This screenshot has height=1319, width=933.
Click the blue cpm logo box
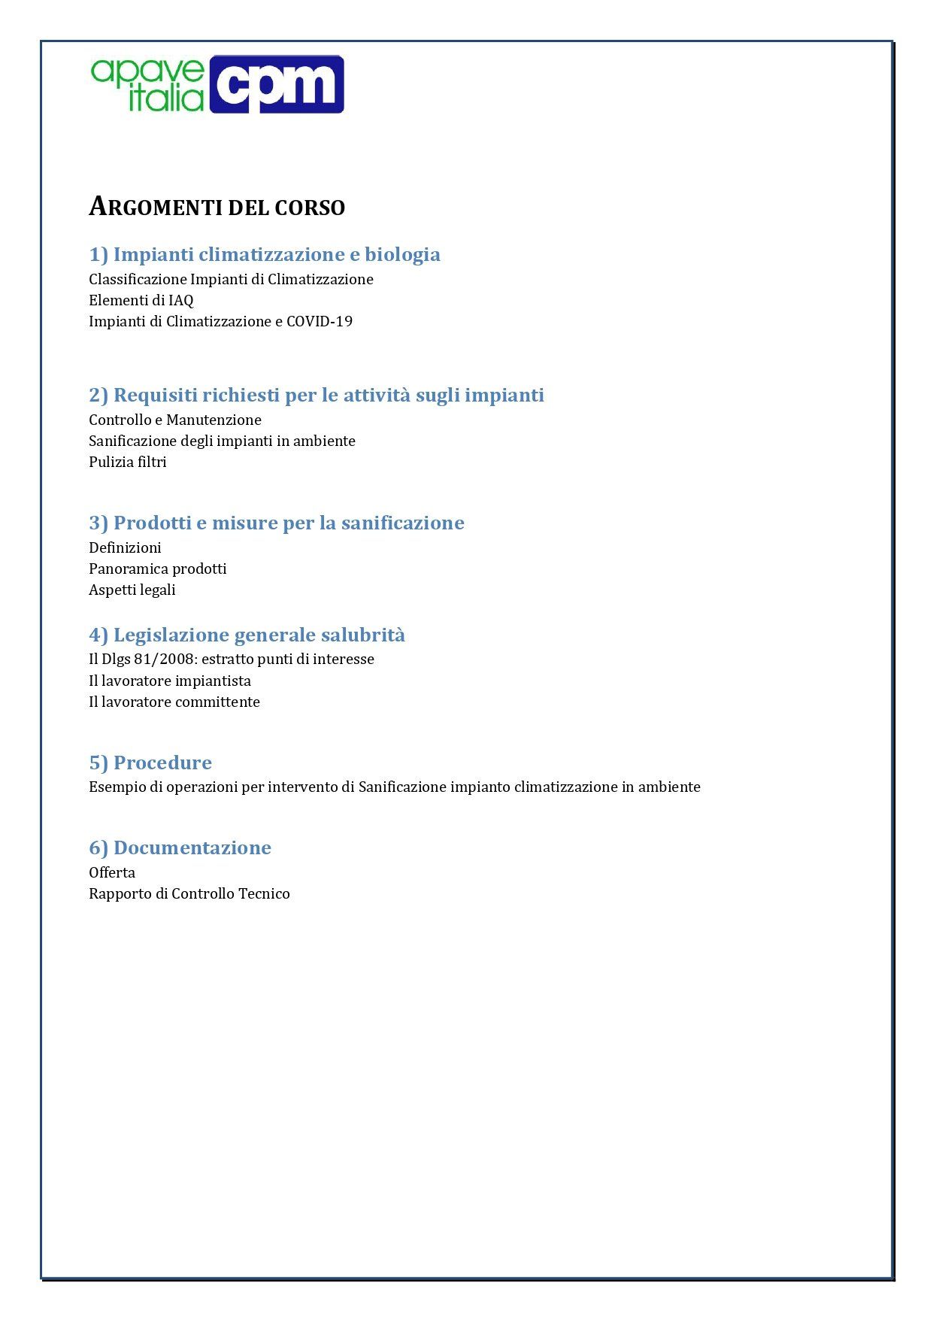tap(276, 84)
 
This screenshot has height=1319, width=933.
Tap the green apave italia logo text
tap(148, 84)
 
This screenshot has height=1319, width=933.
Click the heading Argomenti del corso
tap(217, 207)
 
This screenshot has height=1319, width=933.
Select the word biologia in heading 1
tap(402, 254)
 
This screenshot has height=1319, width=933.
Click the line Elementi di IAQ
tap(141, 300)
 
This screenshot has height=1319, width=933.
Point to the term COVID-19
tap(320, 321)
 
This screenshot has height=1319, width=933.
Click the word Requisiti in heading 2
tap(156, 395)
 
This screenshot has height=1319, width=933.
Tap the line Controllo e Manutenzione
tap(174, 420)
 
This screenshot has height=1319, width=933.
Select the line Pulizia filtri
tap(127, 462)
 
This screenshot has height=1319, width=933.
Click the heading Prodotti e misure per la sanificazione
tap(277, 523)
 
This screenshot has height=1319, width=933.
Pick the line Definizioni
tap(125, 547)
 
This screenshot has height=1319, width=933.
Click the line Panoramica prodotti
tap(157, 569)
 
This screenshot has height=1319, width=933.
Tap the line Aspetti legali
tap(132, 590)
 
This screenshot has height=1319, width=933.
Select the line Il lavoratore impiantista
tap(169, 681)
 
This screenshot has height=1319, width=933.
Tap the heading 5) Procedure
tap(150, 763)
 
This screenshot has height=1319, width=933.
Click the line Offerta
tap(112, 872)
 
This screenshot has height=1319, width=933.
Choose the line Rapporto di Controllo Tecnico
tap(189, 893)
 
